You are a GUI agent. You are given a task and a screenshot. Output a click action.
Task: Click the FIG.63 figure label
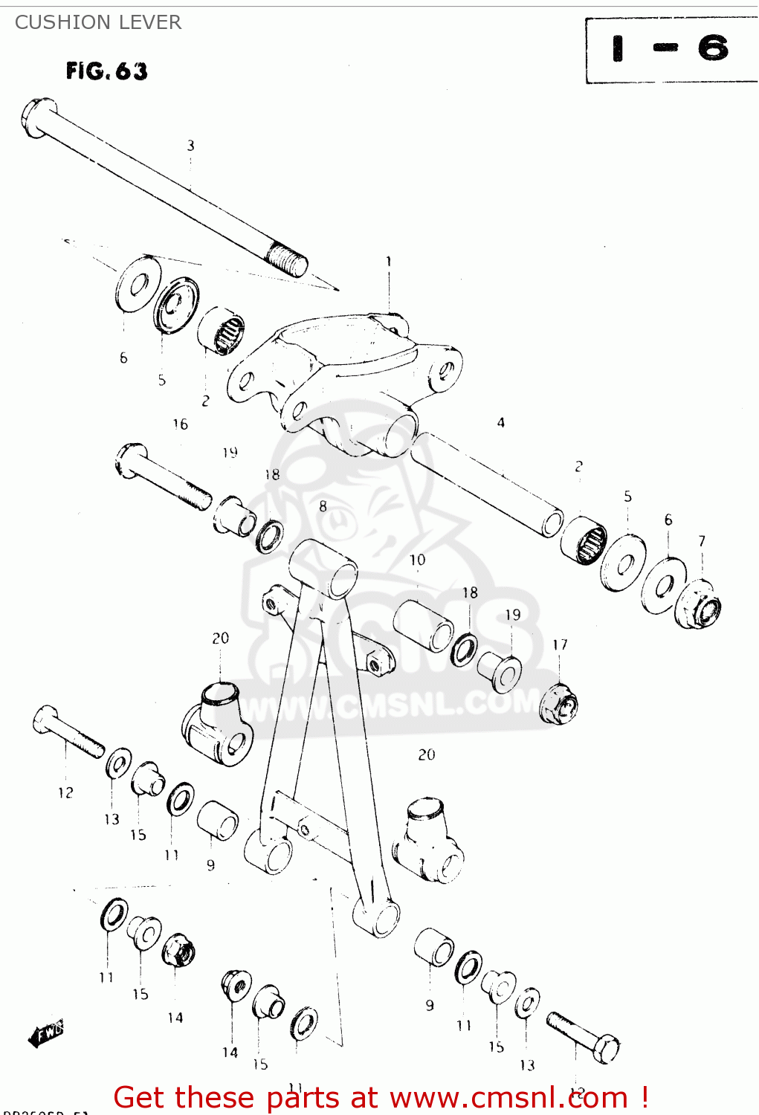(106, 71)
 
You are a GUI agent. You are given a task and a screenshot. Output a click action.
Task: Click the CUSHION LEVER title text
(97, 22)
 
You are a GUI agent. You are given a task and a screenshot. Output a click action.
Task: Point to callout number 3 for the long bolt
(190, 146)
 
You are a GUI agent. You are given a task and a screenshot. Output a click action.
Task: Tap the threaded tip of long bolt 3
(289, 262)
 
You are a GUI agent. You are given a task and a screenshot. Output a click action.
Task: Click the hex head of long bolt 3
(38, 117)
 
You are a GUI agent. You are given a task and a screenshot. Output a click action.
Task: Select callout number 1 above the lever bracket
(388, 261)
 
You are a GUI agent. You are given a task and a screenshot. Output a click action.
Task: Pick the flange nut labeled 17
(561, 702)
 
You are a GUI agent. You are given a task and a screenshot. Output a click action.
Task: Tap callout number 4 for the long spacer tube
(500, 422)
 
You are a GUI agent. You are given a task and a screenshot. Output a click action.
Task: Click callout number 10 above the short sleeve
(417, 560)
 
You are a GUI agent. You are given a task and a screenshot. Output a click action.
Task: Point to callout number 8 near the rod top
(323, 506)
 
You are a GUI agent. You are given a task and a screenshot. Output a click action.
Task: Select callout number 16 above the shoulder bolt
(180, 424)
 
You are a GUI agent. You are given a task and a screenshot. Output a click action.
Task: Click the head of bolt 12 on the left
(45, 718)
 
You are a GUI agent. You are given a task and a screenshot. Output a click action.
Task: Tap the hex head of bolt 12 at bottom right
(605, 1049)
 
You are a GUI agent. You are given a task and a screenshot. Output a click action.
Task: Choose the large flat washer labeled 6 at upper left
(138, 285)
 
